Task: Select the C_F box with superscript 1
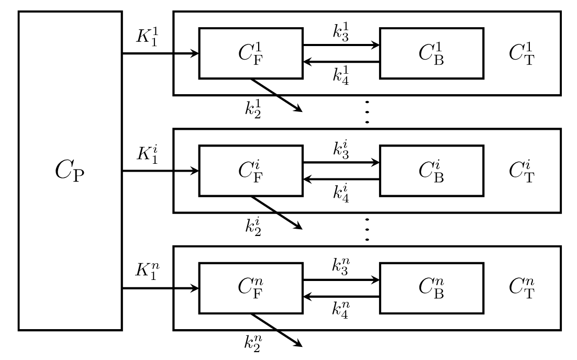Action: (251, 53)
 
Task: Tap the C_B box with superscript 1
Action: (431, 53)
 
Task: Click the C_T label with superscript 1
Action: (521, 53)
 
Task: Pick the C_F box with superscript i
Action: (251, 171)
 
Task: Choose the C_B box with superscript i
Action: (431, 171)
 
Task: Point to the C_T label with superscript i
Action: (521, 171)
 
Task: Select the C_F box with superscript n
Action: (251, 288)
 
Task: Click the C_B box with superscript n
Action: (431, 288)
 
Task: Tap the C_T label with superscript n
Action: (521, 288)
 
